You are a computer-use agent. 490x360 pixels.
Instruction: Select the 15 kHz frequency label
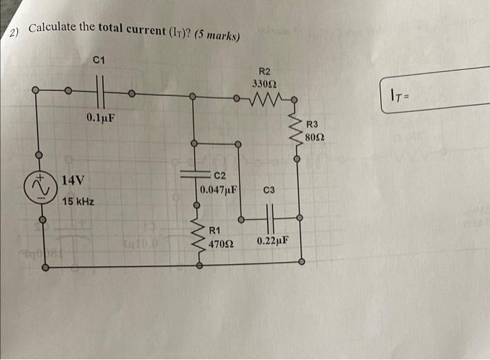78,202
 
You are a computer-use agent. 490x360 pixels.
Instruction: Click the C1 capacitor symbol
99,90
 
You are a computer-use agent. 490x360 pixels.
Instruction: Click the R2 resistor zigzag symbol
268,99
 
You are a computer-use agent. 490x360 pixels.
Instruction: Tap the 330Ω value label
264,84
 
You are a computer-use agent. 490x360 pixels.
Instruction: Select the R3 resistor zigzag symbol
298,130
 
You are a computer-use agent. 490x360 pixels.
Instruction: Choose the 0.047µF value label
219,190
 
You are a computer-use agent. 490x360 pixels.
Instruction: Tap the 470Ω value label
221,244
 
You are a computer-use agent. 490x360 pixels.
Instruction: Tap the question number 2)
14,33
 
